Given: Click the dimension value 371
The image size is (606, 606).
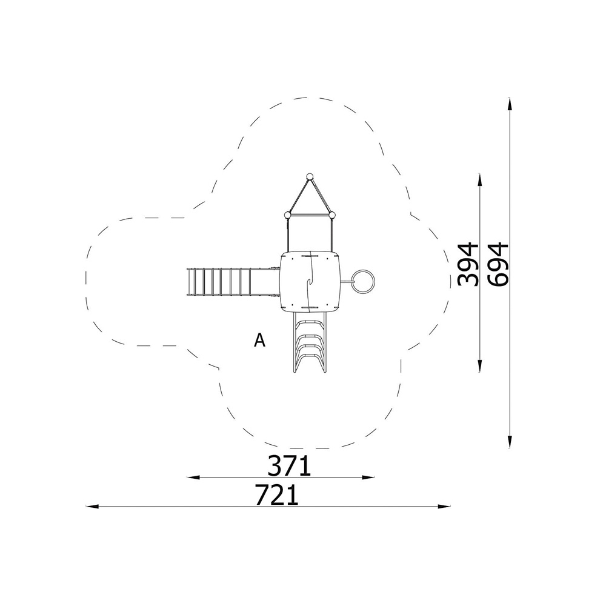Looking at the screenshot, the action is (x=289, y=465).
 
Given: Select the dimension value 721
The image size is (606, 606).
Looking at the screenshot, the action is (x=277, y=495).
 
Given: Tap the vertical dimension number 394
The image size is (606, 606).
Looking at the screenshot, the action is (x=468, y=264).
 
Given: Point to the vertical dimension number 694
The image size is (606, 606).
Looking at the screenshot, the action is (x=498, y=264).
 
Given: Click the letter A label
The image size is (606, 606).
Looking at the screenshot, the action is (x=260, y=340).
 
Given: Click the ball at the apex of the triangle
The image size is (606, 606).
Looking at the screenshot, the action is (x=309, y=176).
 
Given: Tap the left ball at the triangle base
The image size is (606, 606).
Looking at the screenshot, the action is (x=287, y=215).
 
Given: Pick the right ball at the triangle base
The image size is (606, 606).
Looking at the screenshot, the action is (x=331, y=215).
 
